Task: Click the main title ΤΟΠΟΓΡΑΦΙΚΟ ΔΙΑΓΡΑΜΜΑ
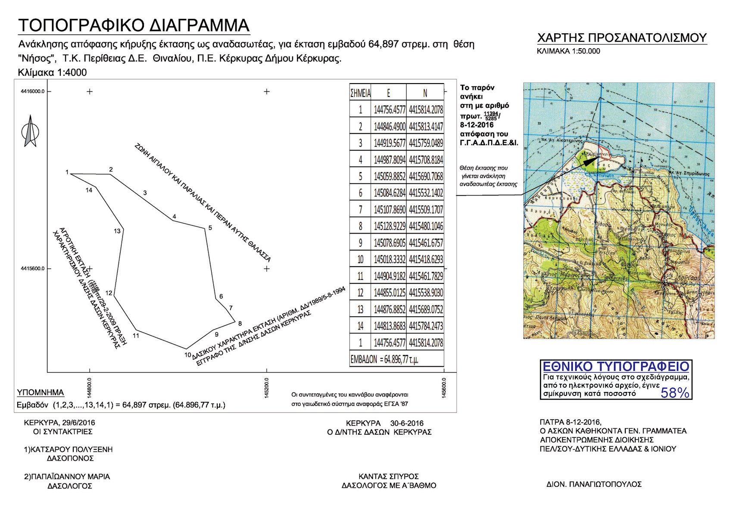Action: coord(134,26)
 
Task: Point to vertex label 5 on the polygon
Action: coord(210,227)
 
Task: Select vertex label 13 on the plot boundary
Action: coord(117,231)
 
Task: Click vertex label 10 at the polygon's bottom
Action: coord(188,355)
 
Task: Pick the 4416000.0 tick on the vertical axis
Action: coord(33,91)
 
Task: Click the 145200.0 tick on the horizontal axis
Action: coord(267,388)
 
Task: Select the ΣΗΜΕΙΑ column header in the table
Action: coord(360,93)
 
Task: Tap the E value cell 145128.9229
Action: coord(390,227)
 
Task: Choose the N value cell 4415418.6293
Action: coord(426,260)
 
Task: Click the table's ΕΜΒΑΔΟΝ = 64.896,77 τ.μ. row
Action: coord(384,359)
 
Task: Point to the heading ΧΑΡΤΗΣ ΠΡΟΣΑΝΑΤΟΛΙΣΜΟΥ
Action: coord(622,38)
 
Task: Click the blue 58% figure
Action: coord(675,392)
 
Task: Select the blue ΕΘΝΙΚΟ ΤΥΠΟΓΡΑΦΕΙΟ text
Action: coord(616,367)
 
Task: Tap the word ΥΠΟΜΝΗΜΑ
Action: coord(41,392)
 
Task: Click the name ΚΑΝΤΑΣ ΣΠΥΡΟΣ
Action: coord(388,476)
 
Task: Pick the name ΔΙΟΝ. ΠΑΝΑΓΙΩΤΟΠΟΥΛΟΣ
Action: coord(594,484)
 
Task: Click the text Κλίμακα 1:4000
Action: coord(52,72)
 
